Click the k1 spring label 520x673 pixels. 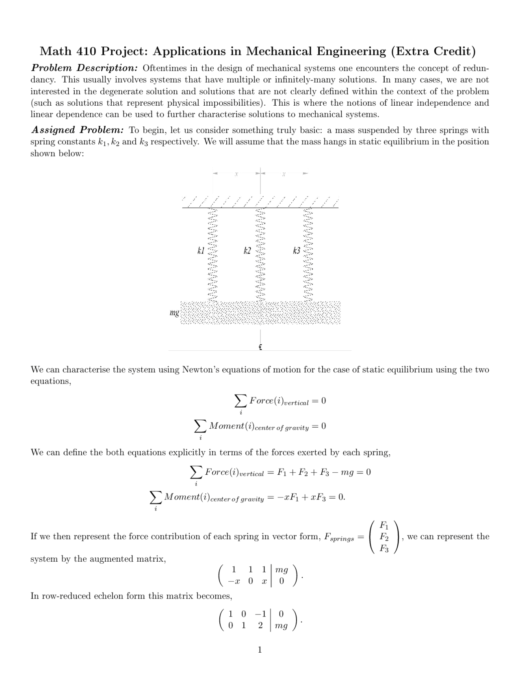tap(201, 250)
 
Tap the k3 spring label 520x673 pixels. tap(297, 250)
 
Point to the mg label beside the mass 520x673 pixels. tap(174, 313)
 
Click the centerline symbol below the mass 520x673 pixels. tap(260, 347)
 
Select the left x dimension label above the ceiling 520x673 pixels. tap(236, 174)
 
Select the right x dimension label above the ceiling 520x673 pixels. tap(284, 174)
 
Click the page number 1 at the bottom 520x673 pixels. tap(260, 650)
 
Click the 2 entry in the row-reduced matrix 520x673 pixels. tap(260, 625)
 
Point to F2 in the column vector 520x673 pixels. tap(383, 537)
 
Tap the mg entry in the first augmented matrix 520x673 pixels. tap(282, 570)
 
